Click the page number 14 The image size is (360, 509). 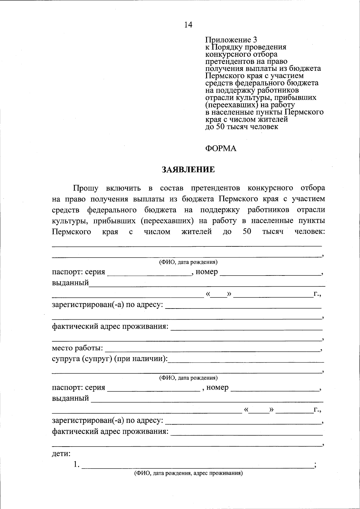pyautogui.click(x=188, y=25)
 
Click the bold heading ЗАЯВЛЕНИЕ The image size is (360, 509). pyautogui.click(x=188, y=170)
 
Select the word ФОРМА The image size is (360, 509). pyautogui.click(x=221, y=149)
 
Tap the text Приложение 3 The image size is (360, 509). pyautogui.click(x=231, y=40)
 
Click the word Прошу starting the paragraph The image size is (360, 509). pyautogui.click(x=86, y=188)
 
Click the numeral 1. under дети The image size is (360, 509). pyautogui.click(x=76, y=465)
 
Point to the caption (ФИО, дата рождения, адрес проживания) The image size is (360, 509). pyautogui.click(x=188, y=474)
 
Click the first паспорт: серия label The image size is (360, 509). pyautogui.click(x=79, y=272)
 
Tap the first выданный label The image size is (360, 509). pyautogui.click(x=70, y=283)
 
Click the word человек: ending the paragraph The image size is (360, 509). pyautogui.click(x=309, y=232)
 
